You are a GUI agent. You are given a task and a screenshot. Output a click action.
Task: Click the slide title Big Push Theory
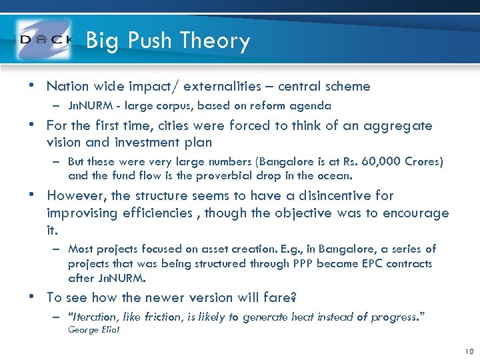coord(168,41)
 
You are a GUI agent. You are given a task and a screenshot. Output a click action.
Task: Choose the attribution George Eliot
coord(94,330)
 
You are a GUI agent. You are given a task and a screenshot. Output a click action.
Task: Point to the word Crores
coord(421,162)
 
